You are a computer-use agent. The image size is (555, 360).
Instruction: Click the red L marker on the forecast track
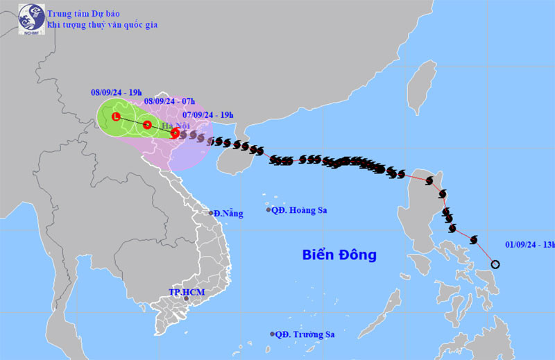click(x=117, y=117)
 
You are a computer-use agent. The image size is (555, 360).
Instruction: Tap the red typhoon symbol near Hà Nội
click(x=175, y=132)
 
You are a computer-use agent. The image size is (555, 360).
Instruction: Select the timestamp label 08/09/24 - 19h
click(x=117, y=91)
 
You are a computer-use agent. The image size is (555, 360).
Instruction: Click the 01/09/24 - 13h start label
click(x=529, y=244)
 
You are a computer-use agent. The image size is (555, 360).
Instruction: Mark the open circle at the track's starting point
click(x=495, y=264)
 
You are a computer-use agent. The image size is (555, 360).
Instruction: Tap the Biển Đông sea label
click(x=339, y=255)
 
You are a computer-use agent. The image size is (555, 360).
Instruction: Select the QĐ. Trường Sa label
click(x=305, y=334)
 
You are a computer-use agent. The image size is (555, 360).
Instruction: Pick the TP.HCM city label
click(x=185, y=292)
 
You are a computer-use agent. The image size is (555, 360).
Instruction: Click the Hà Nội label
click(x=178, y=126)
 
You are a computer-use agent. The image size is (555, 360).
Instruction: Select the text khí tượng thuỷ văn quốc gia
click(x=102, y=25)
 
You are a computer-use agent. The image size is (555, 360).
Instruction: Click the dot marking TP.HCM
click(x=186, y=299)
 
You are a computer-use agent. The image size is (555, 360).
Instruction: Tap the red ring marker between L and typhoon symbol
click(x=147, y=125)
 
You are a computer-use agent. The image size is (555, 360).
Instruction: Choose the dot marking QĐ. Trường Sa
click(x=272, y=334)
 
